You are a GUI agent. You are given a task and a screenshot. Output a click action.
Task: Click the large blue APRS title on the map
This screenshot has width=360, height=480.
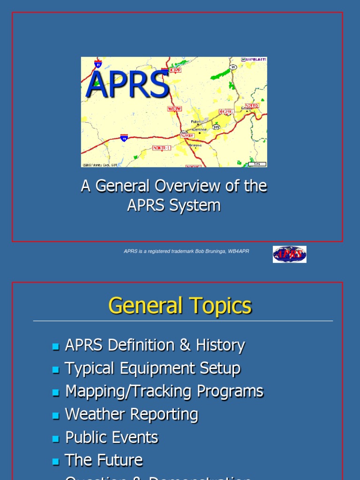(x=127, y=84)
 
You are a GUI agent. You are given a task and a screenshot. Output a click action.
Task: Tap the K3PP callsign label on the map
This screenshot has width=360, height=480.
(x=175, y=69)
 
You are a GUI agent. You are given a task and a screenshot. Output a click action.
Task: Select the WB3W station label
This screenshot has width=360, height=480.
(x=174, y=109)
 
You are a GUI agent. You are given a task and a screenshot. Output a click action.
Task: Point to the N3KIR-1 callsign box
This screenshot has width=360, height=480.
(x=162, y=148)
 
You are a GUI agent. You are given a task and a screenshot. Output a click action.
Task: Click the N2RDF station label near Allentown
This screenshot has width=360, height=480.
(x=187, y=135)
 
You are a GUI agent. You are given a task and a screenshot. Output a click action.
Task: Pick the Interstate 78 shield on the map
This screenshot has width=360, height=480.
(x=124, y=138)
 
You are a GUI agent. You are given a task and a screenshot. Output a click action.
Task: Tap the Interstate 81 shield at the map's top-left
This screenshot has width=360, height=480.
(x=98, y=64)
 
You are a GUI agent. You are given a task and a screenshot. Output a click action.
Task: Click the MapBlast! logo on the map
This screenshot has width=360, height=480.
(x=254, y=60)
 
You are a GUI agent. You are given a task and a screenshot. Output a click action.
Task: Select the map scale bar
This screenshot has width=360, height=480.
(x=257, y=164)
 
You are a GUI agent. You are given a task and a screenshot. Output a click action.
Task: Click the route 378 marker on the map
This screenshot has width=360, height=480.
(x=216, y=127)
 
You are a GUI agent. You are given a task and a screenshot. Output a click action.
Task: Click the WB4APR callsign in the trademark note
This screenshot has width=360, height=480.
(x=239, y=251)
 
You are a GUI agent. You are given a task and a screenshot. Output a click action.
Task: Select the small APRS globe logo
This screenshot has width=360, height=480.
(x=290, y=255)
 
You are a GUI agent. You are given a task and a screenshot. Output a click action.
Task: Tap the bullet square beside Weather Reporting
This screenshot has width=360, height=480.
(x=56, y=415)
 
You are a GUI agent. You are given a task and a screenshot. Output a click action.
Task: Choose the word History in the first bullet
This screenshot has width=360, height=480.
(x=220, y=345)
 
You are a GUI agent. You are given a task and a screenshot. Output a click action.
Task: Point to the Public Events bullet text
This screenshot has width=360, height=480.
(x=112, y=437)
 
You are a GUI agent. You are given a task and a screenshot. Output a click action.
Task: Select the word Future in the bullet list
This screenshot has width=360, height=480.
(x=119, y=460)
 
